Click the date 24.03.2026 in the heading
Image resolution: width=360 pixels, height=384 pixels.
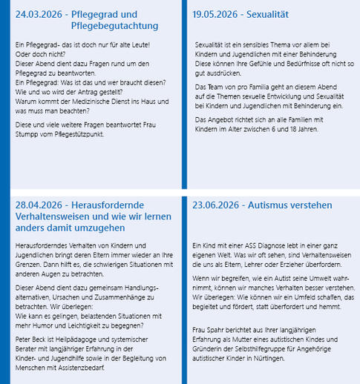coord(39,14)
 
